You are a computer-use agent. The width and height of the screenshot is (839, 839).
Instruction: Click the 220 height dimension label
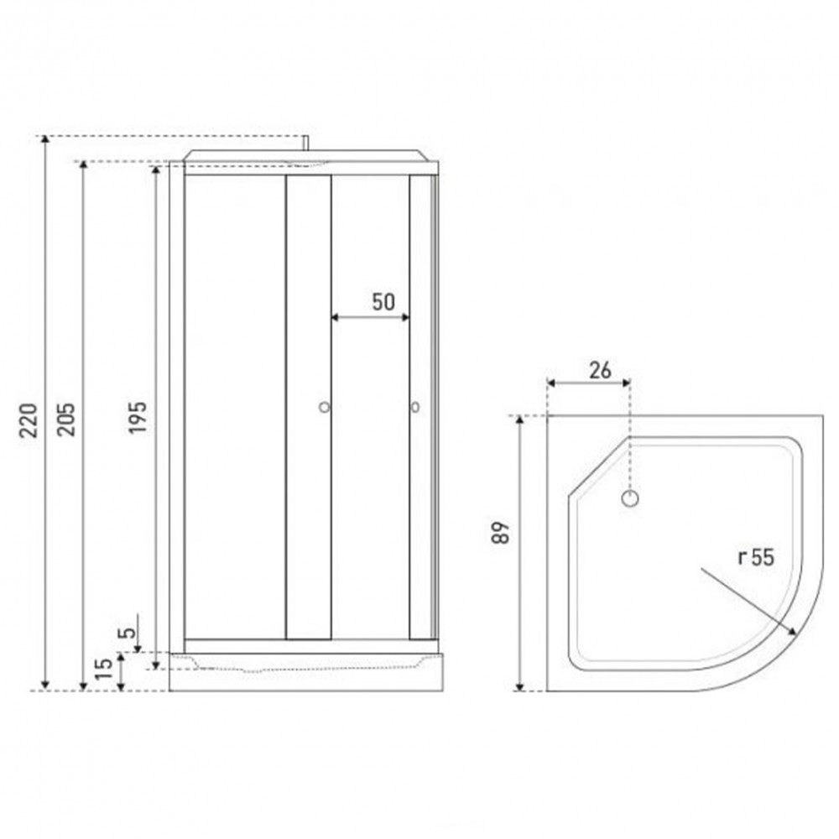point(28,420)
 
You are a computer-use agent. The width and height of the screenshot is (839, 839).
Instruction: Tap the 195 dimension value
point(137,417)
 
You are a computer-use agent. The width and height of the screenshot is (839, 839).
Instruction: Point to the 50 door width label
point(383,302)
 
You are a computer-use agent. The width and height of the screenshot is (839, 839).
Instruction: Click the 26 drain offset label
point(600,370)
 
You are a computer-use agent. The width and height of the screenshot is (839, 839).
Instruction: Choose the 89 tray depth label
point(501,533)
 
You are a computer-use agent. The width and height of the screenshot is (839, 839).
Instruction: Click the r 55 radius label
point(756,557)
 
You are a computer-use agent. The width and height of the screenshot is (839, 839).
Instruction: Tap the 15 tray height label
point(103,669)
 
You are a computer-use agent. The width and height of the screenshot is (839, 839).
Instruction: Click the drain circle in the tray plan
point(630,498)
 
